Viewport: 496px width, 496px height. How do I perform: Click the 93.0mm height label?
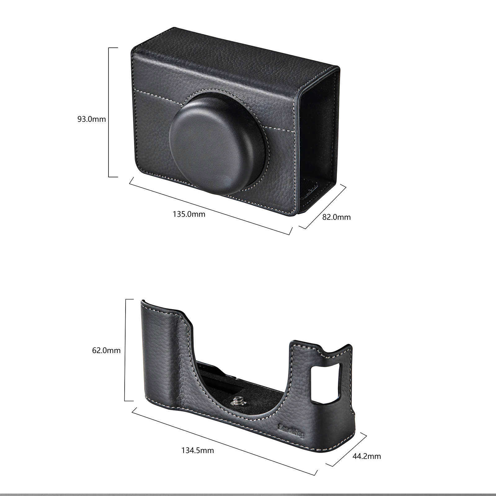pyautogui.click(x=91, y=119)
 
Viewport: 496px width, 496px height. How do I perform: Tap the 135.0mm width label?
pyautogui.click(x=189, y=214)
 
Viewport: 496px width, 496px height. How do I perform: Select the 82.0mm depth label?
pyautogui.click(x=336, y=217)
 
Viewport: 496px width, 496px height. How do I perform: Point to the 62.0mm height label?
pyautogui.click(x=106, y=351)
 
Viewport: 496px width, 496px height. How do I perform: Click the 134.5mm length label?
pyautogui.click(x=197, y=450)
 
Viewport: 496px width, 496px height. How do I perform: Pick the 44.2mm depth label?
pyautogui.click(x=367, y=456)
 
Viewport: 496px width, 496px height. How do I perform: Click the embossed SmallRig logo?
pyautogui.click(x=292, y=431)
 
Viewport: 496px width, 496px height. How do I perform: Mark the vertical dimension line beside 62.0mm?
pyautogui.click(x=125, y=350)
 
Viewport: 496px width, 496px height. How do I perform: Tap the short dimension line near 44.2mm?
pyautogui.click(x=345, y=446)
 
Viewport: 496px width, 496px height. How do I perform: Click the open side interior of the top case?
pyautogui.click(x=319, y=136)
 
